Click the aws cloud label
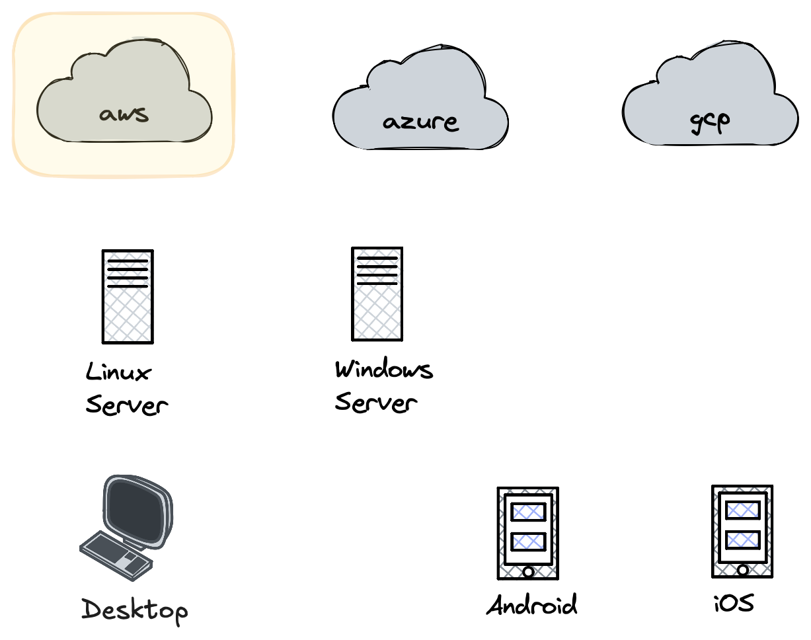(x=124, y=114)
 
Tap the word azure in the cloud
(x=420, y=122)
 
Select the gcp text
(x=709, y=120)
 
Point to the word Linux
(x=118, y=372)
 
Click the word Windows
(x=383, y=370)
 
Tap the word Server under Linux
(x=126, y=405)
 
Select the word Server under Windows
(x=375, y=402)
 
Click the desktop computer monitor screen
(x=137, y=510)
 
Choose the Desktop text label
(x=134, y=610)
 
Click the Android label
(x=531, y=605)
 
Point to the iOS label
(x=734, y=603)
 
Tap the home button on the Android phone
(x=528, y=571)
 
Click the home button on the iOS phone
(x=742, y=569)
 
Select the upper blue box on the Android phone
(x=528, y=512)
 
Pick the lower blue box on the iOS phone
(x=742, y=540)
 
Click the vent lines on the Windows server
(x=377, y=270)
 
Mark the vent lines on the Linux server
(x=128, y=274)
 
